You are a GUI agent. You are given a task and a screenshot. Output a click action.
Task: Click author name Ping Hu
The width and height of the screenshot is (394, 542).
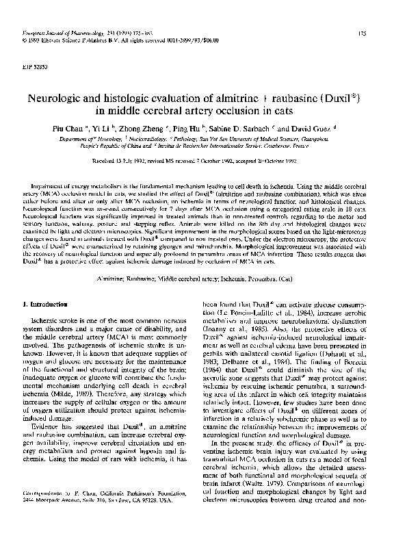[x=197, y=128]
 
